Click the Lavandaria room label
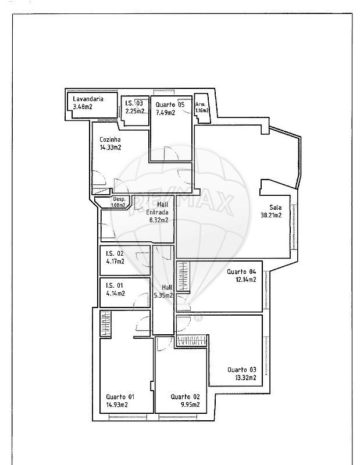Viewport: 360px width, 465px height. coord(88,99)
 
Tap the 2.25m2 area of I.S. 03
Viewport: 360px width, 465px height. coord(135,111)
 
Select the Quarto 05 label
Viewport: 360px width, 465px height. coord(170,105)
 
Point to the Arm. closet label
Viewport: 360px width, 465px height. coord(200,105)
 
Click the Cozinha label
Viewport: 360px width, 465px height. coord(110,139)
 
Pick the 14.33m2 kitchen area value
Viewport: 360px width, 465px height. coord(111,148)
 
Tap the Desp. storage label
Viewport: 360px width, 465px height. coord(119,199)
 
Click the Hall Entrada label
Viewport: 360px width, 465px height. coord(158,208)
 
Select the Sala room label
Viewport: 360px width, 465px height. coord(276,208)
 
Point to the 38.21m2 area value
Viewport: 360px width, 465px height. coord(271,215)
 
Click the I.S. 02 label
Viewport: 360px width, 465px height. coord(115,253)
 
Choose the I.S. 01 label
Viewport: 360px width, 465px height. coord(115,285)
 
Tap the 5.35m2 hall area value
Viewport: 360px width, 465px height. coord(163,295)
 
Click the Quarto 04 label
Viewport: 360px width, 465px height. coord(241,271)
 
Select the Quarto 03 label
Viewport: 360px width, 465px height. coord(242,370)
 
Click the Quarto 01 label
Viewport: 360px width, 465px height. coord(120,397)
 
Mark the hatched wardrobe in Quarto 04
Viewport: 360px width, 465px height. coord(183,276)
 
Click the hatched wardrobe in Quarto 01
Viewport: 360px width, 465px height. coord(105,323)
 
